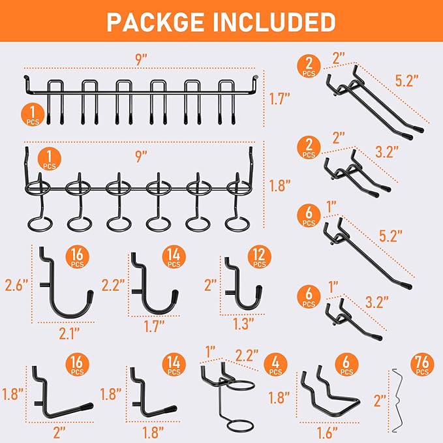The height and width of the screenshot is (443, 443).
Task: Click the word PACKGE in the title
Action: (x=155, y=23)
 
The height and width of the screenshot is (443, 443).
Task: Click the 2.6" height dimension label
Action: (x=16, y=284)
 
